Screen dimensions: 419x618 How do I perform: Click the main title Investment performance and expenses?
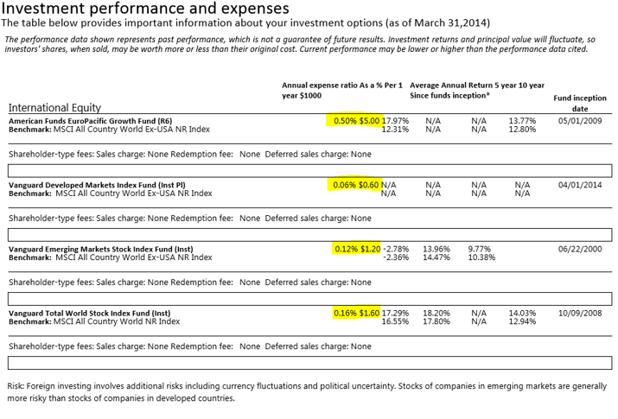click(147, 10)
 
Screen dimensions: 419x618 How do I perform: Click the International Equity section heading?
click(59, 107)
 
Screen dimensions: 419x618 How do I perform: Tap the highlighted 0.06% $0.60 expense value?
click(354, 185)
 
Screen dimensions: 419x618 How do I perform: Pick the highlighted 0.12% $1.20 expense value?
click(357, 249)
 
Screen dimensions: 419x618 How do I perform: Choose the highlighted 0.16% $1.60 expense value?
click(357, 313)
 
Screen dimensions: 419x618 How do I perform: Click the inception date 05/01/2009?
click(583, 121)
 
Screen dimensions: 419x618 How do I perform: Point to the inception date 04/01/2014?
click(583, 185)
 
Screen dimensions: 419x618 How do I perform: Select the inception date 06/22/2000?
click(583, 249)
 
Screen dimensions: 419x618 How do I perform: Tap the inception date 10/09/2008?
click(583, 313)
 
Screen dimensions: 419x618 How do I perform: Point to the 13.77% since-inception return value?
click(522, 121)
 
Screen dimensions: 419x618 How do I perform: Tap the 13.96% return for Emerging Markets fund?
click(436, 249)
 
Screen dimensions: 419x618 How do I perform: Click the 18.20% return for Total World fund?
click(436, 313)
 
